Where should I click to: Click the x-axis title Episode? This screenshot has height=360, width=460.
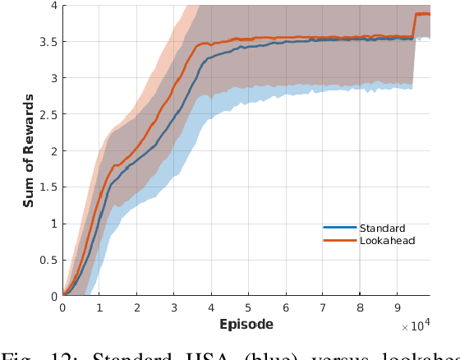[246, 324]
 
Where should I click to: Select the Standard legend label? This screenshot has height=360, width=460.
[382, 228]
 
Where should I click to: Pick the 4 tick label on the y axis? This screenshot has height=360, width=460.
[53, 6]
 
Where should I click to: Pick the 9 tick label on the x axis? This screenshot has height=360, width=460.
[396, 307]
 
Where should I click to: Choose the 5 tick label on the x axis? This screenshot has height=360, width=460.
[248, 307]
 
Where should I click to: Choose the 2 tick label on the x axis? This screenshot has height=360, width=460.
[137, 307]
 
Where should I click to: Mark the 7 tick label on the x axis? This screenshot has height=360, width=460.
[322, 307]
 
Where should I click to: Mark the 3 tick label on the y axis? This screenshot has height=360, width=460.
[53, 78]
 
